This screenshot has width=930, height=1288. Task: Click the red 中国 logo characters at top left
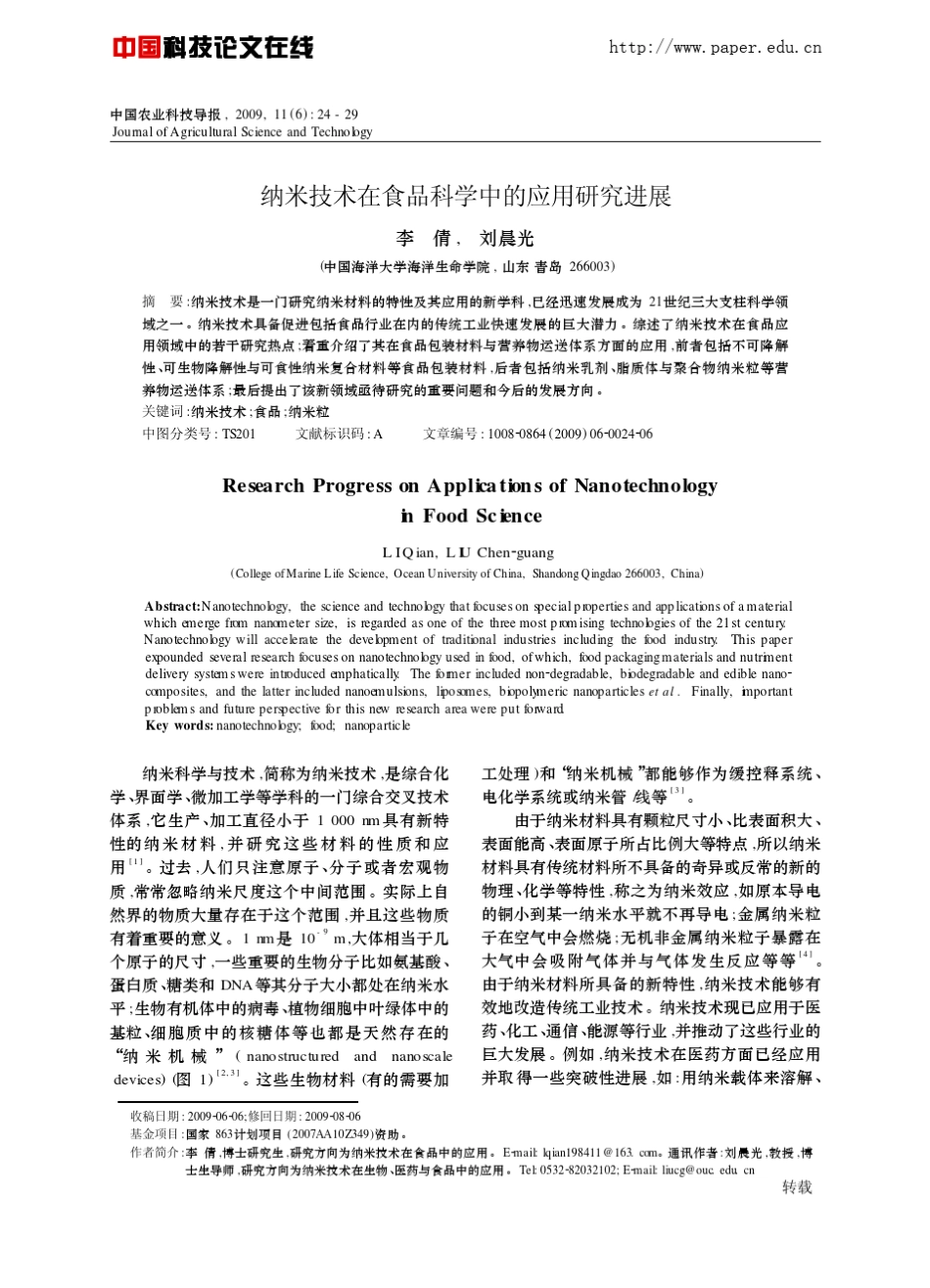click(136, 47)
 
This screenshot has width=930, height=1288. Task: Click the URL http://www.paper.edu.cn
click(715, 47)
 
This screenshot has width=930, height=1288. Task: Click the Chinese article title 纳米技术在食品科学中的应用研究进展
click(466, 197)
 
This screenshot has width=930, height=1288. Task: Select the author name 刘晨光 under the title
click(506, 239)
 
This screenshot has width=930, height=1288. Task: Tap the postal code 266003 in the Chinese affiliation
click(590, 266)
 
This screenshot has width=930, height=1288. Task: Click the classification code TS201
click(238, 434)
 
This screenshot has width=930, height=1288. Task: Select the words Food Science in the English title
click(483, 516)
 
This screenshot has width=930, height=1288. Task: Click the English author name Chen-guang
click(515, 553)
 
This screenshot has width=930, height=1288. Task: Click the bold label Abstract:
click(172, 607)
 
